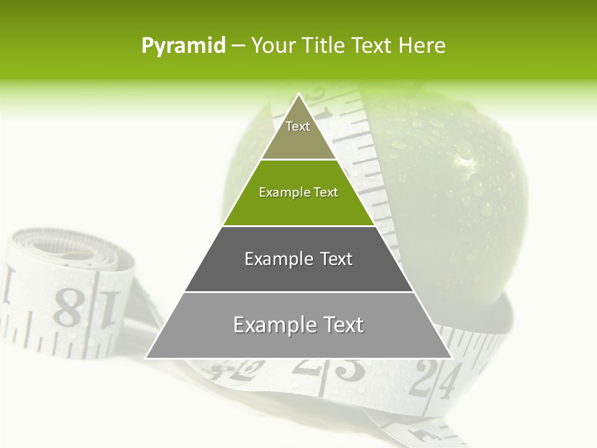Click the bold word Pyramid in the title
(x=183, y=46)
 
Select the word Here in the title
(x=422, y=45)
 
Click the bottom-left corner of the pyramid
(x=147, y=357)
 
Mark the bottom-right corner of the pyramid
(x=451, y=357)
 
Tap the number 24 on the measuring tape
(x=438, y=380)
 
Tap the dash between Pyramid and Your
(x=238, y=46)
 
